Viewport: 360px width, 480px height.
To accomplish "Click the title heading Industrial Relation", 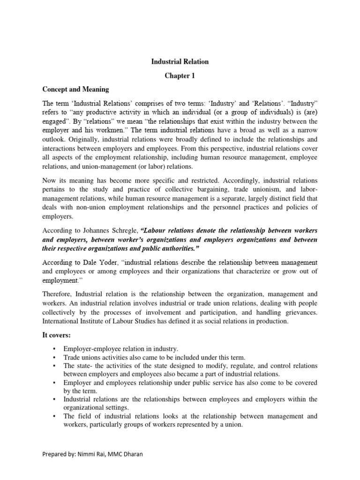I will click(x=180, y=61).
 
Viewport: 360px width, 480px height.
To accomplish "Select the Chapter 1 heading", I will click(x=180, y=75).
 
